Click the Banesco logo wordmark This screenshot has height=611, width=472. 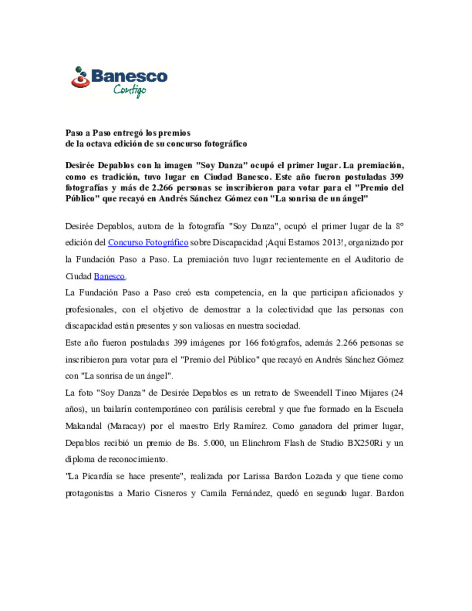[129, 76]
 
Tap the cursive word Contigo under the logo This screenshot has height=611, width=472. [129, 90]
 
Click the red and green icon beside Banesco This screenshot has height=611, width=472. [80, 77]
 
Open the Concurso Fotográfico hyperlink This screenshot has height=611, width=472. [148, 243]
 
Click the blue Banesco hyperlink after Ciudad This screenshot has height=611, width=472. [109, 276]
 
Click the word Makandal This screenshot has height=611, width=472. [83, 426]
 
